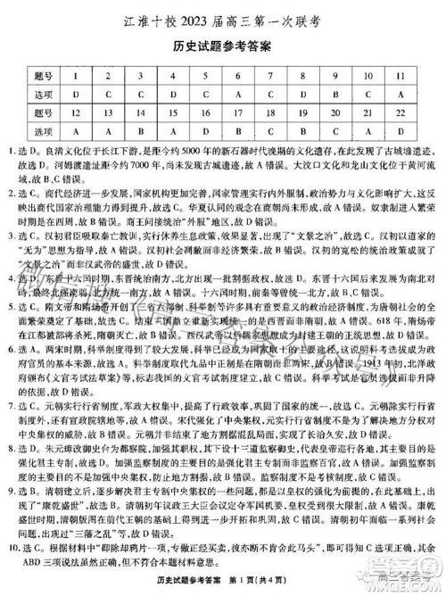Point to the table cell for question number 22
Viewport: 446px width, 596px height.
point(396,113)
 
